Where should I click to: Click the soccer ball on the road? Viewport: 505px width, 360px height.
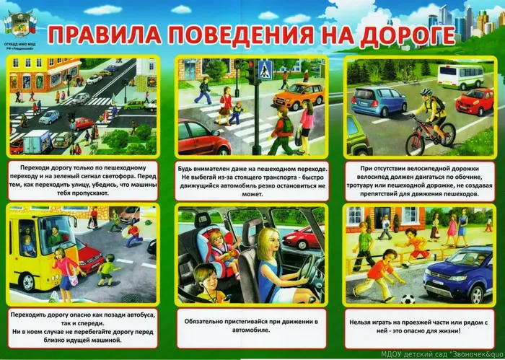click(x=408, y=299)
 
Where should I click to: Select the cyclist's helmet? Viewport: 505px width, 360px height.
click(x=426, y=93)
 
